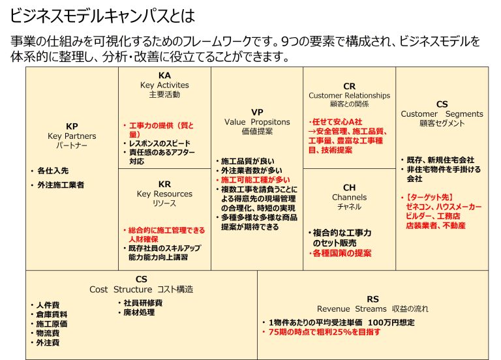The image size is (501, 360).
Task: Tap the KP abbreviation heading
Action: tap(72, 127)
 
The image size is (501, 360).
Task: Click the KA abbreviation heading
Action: tap(164, 76)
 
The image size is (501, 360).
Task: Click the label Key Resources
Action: tap(164, 194)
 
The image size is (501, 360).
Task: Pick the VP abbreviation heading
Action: tap(257, 112)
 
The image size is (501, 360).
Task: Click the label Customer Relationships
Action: tap(349, 95)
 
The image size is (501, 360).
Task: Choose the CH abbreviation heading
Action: tap(349, 188)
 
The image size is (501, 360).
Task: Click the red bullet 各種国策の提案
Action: tap(342, 253)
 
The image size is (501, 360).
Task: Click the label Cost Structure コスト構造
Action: tap(142, 290)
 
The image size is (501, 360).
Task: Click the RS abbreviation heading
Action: tap(372, 298)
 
